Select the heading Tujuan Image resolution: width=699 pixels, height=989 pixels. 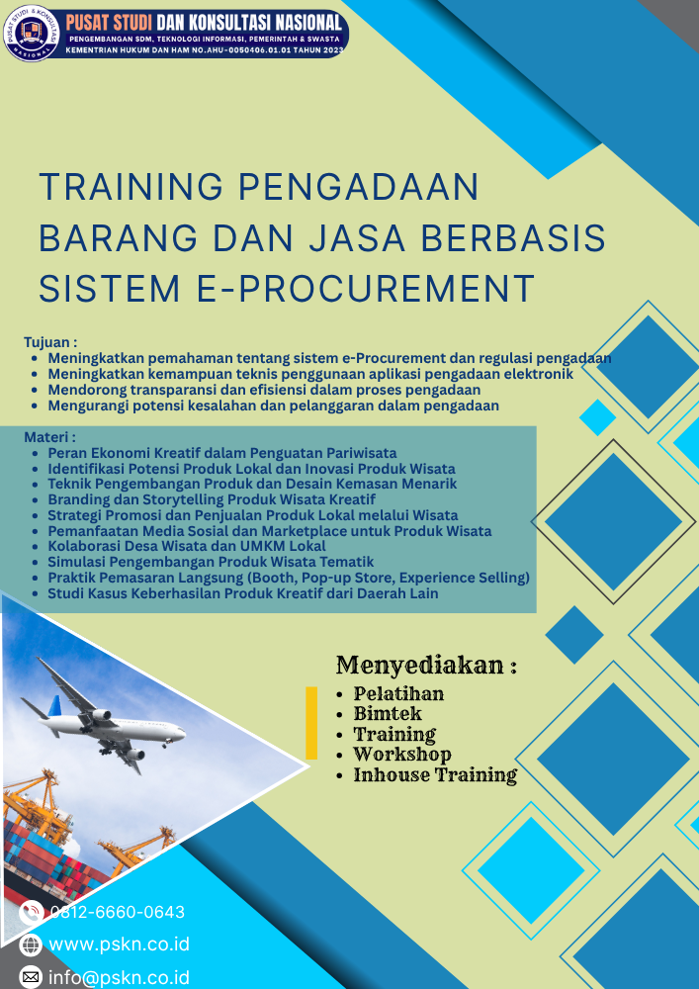[x=50, y=342]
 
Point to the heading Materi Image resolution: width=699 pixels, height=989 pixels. [x=49, y=436]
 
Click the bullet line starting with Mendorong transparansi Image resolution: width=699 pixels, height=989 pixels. [x=264, y=390]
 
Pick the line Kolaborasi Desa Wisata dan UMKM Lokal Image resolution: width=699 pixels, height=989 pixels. [x=187, y=546]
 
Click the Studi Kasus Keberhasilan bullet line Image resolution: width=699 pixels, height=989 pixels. [x=243, y=593]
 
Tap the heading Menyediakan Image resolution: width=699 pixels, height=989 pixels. [x=426, y=665]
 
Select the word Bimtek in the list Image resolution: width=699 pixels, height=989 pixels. [x=388, y=713]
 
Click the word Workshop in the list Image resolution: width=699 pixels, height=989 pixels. [x=402, y=755]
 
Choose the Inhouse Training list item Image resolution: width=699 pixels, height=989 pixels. [x=435, y=775]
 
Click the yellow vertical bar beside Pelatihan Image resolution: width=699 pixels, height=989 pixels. [x=311, y=723]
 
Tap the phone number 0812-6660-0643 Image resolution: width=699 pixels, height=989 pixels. [x=117, y=912]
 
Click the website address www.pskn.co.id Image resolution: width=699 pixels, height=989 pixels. [x=119, y=944]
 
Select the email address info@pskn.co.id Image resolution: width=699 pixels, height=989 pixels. [x=119, y=978]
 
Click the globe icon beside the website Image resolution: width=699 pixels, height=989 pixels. [x=31, y=944]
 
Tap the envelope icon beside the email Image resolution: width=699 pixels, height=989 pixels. [x=31, y=977]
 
